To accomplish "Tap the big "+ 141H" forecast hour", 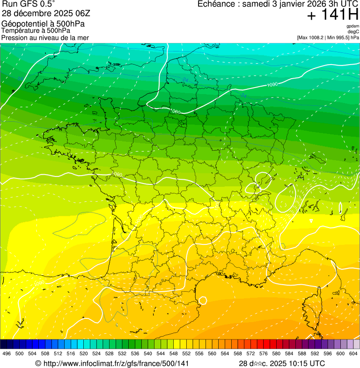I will click(332, 15).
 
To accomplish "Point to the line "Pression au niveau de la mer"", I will click(45, 37).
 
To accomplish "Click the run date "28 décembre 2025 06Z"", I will click(43, 13).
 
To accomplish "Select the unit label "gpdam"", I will click(353, 26).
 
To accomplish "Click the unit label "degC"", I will click(353, 31).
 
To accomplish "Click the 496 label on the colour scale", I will click(7, 353).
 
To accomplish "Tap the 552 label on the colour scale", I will click(186, 353).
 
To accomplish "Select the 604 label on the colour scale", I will click(353, 353).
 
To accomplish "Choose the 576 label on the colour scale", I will click(263, 353).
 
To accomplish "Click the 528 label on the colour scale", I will click(109, 353).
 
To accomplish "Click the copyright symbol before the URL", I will click(38, 363).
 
